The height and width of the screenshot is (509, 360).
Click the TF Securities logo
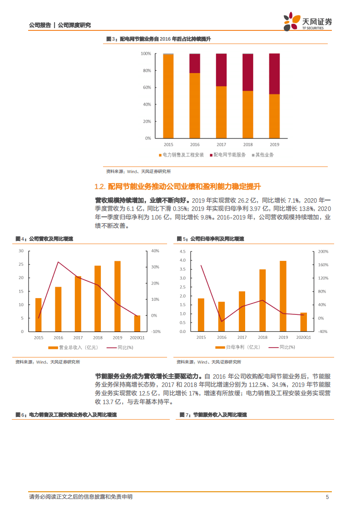[308, 22]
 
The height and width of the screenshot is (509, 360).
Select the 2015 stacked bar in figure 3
[168, 96]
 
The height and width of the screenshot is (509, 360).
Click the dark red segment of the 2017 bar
[221, 70]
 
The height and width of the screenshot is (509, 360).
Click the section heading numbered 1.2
[178, 186]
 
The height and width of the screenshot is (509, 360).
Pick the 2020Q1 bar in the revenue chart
[137, 323]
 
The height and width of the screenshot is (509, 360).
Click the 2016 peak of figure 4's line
[58, 262]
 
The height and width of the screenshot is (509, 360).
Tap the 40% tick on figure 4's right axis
[155, 251]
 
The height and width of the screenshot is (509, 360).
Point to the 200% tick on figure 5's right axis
[323, 251]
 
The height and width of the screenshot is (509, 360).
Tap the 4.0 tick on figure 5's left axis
[182, 260]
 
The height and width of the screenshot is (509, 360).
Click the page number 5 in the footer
[327, 497]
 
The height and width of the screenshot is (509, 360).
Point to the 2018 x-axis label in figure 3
[248, 144]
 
